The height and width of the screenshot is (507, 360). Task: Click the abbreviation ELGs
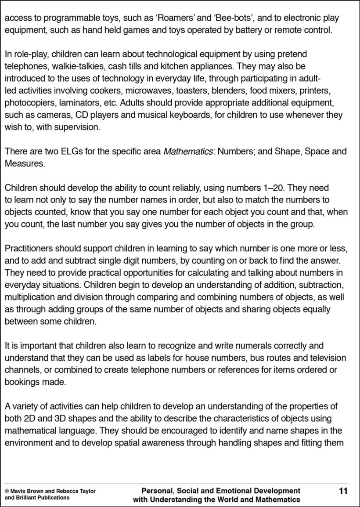pos(69,152)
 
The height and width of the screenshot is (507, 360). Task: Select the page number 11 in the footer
pos(343,491)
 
